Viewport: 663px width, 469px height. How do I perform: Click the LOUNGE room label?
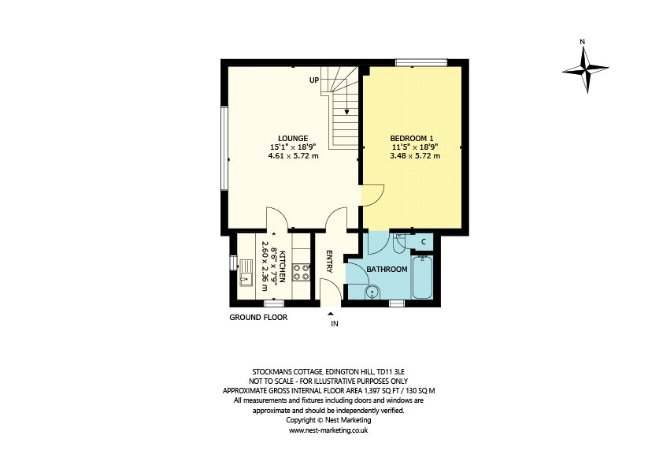pos(293,139)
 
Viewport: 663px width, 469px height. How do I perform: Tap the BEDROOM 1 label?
pos(412,139)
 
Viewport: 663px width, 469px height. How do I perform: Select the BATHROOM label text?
pos(387,270)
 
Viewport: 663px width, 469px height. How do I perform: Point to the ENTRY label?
pos(330,261)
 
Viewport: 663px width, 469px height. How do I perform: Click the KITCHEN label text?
pos(283,266)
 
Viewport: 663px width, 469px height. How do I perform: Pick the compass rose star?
pos(586,69)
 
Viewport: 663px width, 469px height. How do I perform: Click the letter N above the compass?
pos(582,42)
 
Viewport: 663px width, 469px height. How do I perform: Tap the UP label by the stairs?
pos(314,80)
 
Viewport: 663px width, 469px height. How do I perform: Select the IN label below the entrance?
pos(335,324)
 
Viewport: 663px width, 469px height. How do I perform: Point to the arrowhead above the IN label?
pos(331,314)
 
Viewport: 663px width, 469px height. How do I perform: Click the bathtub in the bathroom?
pos(422,277)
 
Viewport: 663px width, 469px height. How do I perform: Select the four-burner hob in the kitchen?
pos(301,272)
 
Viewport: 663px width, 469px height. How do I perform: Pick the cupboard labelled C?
pos(424,242)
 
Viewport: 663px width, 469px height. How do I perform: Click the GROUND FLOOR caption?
pos(258,318)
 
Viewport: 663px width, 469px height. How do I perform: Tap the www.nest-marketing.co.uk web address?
pos(328,430)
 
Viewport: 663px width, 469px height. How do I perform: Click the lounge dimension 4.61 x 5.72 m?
pos(294,156)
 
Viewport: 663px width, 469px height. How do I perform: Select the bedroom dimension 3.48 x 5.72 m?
pos(415,156)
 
